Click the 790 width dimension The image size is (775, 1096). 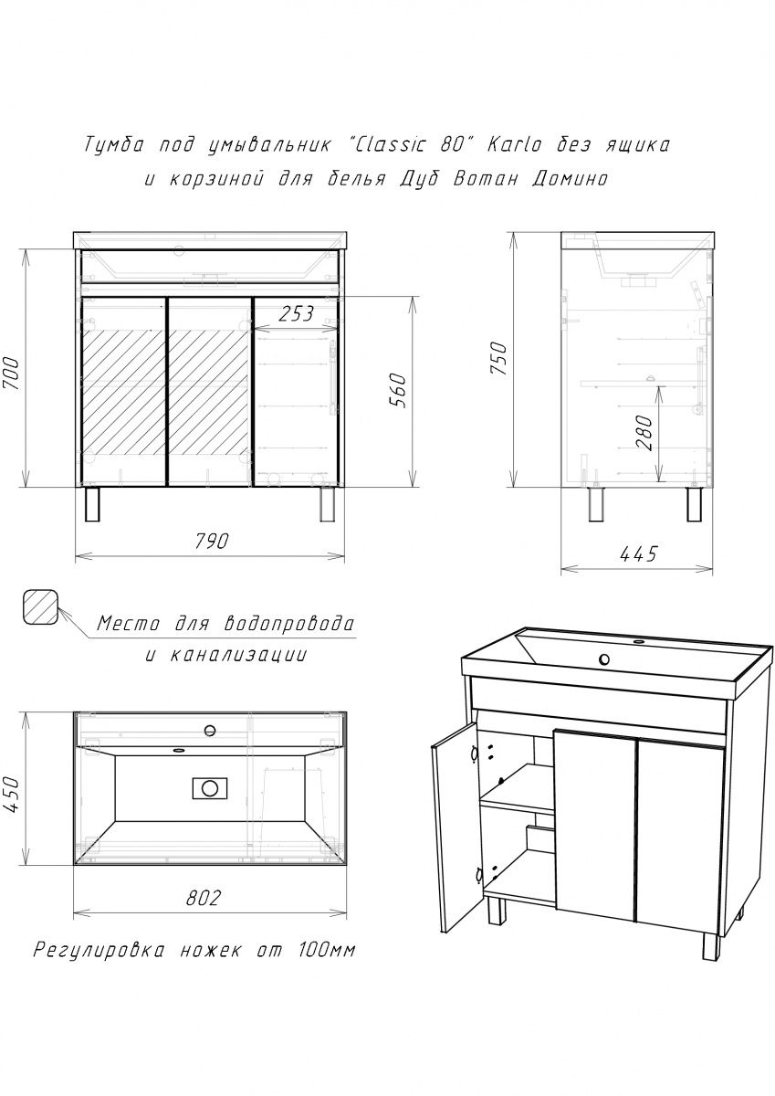tap(212, 541)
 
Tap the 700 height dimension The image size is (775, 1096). tap(12, 374)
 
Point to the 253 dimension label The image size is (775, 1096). tap(296, 313)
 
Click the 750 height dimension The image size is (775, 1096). tap(500, 359)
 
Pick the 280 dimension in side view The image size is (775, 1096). tap(644, 433)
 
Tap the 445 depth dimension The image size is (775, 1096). tap(638, 554)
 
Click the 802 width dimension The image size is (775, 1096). tap(204, 897)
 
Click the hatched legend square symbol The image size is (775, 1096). tap(40, 606)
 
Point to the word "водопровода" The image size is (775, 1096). tap(288, 624)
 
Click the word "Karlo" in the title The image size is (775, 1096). tap(515, 145)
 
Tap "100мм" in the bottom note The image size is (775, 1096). tap(326, 951)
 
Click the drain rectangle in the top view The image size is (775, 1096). tap(210, 787)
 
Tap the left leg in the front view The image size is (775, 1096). tap(91, 503)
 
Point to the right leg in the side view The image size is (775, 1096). tap(693, 503)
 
